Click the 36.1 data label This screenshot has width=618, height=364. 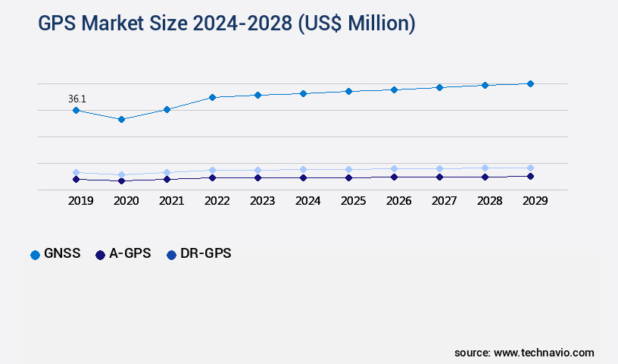(76, 99)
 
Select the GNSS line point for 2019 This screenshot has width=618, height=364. (76, 110)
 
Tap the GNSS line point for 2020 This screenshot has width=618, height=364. (121, 119)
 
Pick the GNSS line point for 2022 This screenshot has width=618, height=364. (212, 97)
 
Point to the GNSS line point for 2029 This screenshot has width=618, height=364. (530, 83)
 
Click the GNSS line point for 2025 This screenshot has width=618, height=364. (348, 91)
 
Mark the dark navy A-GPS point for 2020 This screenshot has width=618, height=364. (121, 181)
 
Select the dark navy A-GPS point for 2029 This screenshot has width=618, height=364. (530, 176)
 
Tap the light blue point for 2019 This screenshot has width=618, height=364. (76, 172)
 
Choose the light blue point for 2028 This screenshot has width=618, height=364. (485, 168)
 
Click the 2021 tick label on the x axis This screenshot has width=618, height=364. (171, 201)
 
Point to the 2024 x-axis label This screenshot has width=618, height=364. (307, 201)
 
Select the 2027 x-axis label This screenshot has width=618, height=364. (444, 201)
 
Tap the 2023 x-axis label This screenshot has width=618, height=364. (262, 201)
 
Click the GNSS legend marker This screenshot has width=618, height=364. (35, 255)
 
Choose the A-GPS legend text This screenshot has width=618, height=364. (130, 254)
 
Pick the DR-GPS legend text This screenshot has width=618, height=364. (206, 254)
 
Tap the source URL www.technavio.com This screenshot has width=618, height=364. (544, 353)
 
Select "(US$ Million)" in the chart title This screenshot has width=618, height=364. (357, 24)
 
